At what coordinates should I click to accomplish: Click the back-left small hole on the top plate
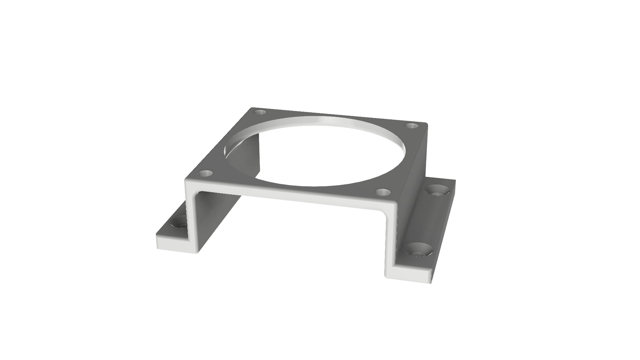click(259, 112)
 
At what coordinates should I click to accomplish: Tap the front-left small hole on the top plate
click(206, 173)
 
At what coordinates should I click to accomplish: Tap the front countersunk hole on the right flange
click(418, 250)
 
